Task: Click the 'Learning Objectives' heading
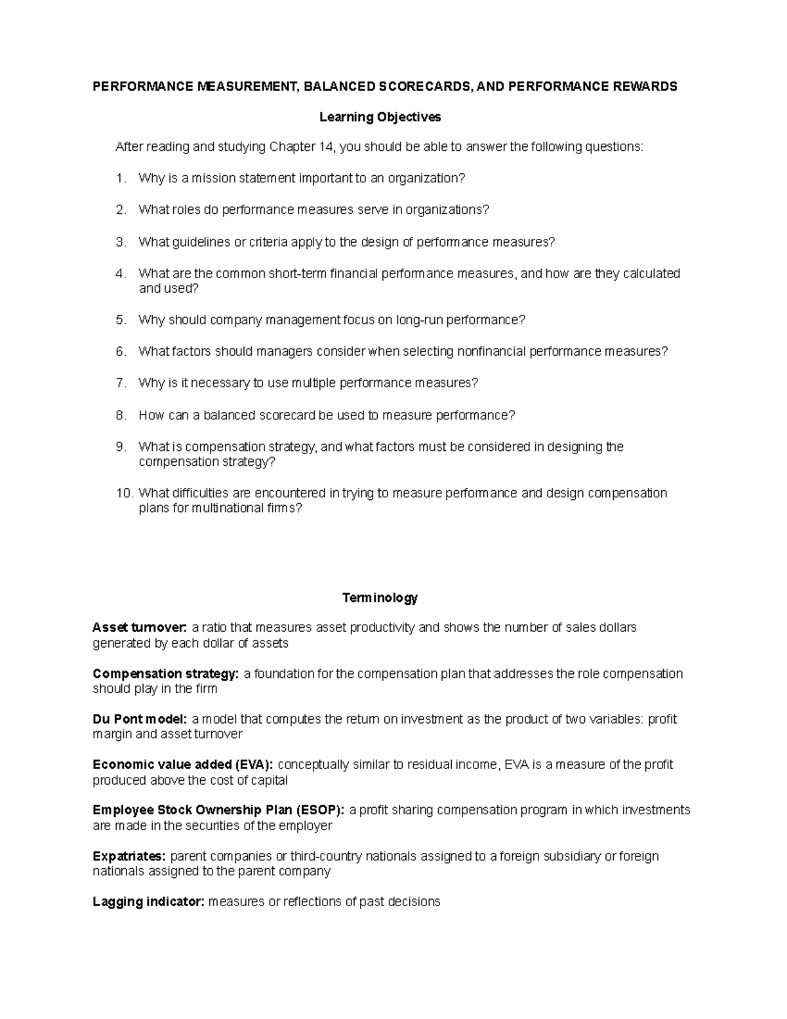click(380, 117)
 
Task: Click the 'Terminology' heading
click(380, 598)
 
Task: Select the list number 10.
click(124, 493)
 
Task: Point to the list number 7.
click(121, 383)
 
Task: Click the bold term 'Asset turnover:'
click(140, 628)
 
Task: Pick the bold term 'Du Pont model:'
click(140, 719)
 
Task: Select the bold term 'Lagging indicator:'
click(148, 902)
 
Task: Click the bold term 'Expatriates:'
click(130, 856)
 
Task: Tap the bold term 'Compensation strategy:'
click(166, 674)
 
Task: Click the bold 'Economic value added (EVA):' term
click(184, 765)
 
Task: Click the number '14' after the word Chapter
click(326, 147)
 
